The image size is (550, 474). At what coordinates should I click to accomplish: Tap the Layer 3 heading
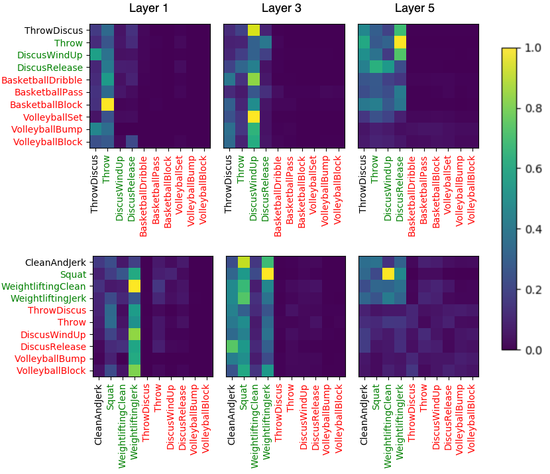coord(281,9)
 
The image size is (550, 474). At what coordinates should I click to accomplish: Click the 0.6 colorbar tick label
coord(533,168)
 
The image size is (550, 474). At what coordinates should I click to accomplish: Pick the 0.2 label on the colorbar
coord(533,289)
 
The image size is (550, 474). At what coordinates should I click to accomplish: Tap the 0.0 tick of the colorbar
coord(533,349)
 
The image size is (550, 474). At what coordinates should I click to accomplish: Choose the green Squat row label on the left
coord(72,273)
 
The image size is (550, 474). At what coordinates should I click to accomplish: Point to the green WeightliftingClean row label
coord(43,286)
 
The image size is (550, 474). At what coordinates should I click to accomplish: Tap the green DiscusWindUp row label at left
coord(50,55)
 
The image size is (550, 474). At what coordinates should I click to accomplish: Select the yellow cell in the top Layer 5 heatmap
coord(400,42)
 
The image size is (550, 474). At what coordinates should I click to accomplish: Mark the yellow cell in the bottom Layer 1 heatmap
coord(135,286)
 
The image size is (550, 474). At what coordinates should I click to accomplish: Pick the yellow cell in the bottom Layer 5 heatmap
coord(388,273)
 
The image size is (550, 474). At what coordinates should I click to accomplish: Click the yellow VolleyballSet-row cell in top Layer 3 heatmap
coord(253,117)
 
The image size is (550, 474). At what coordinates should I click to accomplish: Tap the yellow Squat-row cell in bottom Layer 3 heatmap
coord(267,273)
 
